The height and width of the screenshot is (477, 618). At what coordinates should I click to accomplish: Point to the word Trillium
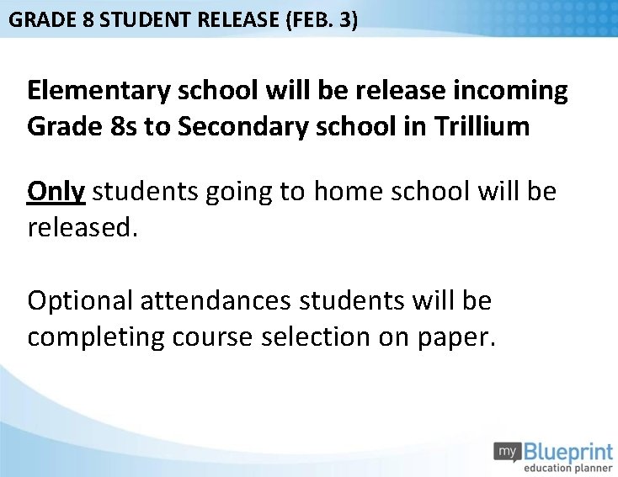pyautogui.click(x=482, y=126)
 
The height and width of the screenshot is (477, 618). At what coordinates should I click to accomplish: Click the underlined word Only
pyautogui.click(x=56, y=192)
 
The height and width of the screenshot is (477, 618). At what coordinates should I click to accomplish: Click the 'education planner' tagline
pyautogui.click(x=568, y=467)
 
